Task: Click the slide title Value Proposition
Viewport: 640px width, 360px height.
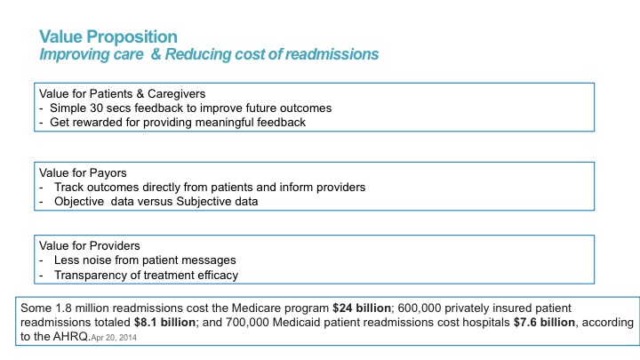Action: click(108, 36)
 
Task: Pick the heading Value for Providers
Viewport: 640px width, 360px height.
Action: click(87, 245)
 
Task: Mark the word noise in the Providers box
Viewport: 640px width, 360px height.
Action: click(98, 260)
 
